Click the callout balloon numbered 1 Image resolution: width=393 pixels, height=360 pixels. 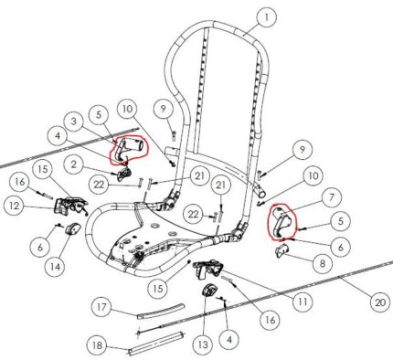click(x=267, y=17)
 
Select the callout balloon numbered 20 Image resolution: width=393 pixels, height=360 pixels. click(x=380, y=302)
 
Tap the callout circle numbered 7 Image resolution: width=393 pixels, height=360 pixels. click(x=331, y=197)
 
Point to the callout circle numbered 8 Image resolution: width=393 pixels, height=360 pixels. click(x=323, y=262)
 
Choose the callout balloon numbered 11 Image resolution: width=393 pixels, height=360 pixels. click(x=303, y=301)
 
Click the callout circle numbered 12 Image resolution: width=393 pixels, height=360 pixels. click(x=14, y=206)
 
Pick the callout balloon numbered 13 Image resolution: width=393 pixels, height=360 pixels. click(x=203, y=344)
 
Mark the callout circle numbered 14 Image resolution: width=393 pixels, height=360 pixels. click(x=55, y=267)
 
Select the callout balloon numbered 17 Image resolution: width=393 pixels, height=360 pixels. click(x=102, y=307)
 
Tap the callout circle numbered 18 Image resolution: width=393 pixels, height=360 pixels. click(x=97, y=345)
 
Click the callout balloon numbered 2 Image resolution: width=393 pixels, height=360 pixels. click(x=74, y=164)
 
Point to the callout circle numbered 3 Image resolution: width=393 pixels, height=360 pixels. click(x=74, y=122)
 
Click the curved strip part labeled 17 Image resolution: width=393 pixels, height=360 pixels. click(x=162, y=311)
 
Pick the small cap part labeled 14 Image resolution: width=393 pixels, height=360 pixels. click(x=72, y=228)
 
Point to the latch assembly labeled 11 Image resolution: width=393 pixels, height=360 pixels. click(x=207, y=268)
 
